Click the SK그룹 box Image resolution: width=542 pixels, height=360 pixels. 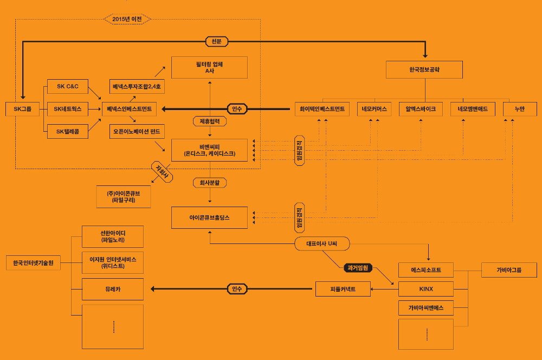point(22,109)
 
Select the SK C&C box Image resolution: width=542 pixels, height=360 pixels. point(68,86)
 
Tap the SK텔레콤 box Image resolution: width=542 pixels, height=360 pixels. point(68,131)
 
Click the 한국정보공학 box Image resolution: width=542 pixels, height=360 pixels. point(424,70)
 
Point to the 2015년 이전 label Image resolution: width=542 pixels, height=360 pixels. point(126,20)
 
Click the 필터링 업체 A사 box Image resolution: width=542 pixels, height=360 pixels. point(209,67)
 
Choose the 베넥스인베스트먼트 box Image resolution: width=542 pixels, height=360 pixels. point(132,109)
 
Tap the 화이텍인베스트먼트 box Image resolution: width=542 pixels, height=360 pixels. point(322,109)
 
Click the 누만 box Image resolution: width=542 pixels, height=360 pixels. point(519,109)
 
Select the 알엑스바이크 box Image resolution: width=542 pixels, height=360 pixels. point(420,109)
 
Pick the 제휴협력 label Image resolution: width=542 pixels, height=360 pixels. point(209,121)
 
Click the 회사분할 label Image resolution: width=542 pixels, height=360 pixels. point(209,183)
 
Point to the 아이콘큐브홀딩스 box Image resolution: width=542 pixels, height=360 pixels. point(209,217)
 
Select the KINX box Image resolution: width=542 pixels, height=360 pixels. point(425,288)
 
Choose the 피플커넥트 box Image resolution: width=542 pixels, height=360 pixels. point(343,288)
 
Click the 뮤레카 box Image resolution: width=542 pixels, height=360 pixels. point(112,289)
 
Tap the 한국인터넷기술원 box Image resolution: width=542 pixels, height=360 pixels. point(33,263)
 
